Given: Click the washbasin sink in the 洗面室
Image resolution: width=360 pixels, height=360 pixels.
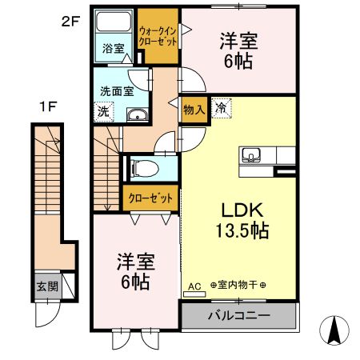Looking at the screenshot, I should point(138,114).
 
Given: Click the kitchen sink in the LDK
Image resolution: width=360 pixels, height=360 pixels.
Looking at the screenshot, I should point(250,154).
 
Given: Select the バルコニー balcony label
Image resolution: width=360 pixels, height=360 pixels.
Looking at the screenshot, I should point(238,315).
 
